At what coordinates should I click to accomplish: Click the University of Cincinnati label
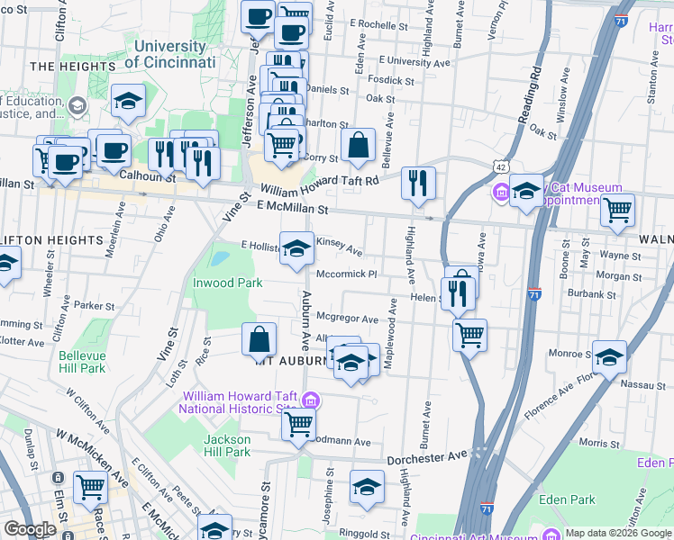coord(169,54)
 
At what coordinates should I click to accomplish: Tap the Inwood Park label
coord(228,283)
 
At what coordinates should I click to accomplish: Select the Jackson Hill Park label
coord(227,445)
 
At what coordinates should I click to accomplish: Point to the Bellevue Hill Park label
coord(82,362)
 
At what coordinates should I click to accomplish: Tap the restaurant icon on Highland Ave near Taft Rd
coord(418,184)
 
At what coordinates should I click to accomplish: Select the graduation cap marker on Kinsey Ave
coord(296,248)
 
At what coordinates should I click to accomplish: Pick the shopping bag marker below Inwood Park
coord(259,340)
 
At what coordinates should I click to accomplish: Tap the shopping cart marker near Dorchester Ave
coord(298,423)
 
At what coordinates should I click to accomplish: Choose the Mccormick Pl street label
coord(345,274)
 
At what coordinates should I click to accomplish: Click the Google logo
coord(30,529)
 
